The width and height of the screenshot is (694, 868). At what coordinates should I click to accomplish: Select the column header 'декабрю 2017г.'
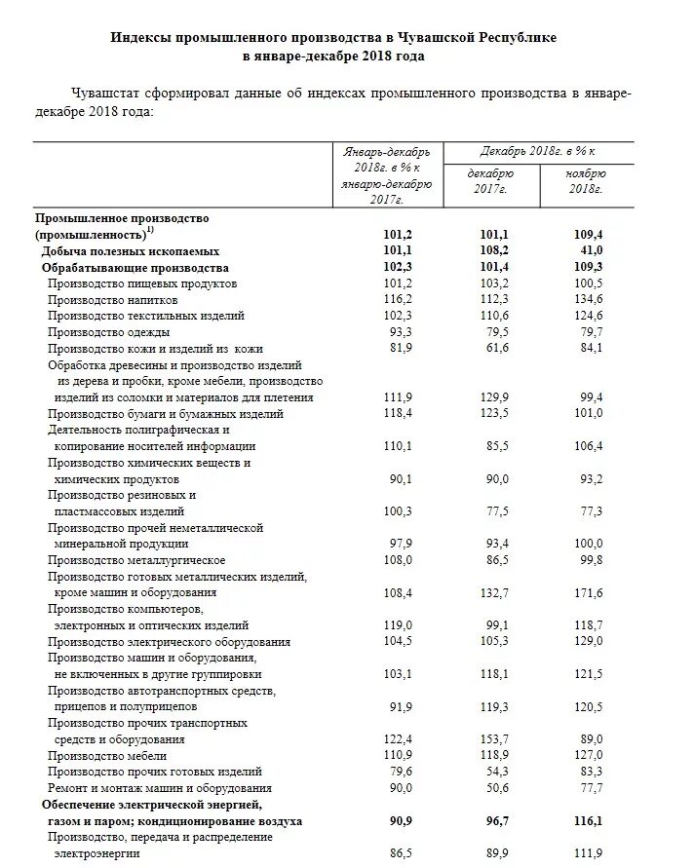(491, 180)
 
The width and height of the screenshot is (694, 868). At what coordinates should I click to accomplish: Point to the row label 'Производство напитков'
(113, 300)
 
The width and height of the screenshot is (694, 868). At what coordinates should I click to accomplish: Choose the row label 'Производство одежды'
(106, 332)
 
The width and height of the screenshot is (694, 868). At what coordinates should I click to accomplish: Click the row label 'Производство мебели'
(107, 756)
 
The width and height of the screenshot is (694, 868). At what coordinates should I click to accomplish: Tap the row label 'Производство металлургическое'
(136, 560)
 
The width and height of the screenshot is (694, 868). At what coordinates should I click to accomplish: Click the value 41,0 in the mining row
(591, 250)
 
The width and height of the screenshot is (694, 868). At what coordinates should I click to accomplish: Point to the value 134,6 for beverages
(589, 300)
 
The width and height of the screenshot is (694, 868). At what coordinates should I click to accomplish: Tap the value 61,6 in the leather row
(496, 349)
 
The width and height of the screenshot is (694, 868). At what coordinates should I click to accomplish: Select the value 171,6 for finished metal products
(589, 592)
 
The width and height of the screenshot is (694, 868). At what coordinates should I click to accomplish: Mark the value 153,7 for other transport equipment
(496, 739)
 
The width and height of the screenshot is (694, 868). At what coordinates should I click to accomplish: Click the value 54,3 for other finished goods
(496, 772)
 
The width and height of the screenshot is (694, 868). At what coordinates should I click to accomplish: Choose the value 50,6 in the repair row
(496, 788)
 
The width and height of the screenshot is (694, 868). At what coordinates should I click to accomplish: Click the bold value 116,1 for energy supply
(589, 821)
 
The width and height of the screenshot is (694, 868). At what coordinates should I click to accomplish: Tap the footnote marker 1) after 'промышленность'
(149, 231)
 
